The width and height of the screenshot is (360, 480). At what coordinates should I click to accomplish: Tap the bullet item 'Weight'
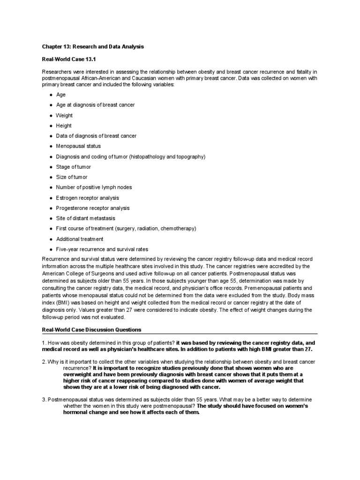[64, 115]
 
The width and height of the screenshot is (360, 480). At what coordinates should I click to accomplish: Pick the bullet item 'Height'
[64, 126]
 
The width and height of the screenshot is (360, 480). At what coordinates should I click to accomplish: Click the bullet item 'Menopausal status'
[78, 146]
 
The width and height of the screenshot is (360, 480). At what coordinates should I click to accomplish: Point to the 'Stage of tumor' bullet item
[74, 167]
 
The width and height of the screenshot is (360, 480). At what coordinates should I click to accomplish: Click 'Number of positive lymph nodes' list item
[94, 187]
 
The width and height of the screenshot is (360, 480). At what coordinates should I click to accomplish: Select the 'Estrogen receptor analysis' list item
[87, 198]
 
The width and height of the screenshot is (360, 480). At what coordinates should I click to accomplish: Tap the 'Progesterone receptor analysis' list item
[93, 208]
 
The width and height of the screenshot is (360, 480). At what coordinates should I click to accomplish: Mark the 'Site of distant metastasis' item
[85, 218]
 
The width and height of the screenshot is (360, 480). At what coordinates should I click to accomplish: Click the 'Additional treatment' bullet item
[80, 239]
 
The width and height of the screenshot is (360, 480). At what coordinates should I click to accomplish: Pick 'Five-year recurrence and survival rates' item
[102, 249]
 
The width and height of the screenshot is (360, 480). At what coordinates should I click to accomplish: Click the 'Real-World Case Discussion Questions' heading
[91, 330]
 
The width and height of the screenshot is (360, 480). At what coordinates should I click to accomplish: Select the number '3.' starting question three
[44, 399]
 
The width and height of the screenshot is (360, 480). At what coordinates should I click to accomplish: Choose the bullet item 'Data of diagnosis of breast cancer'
[96, 136]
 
